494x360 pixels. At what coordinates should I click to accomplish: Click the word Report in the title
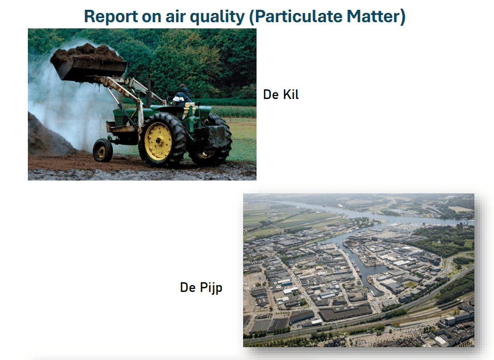pos(110,17)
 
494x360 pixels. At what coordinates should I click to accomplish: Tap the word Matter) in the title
pos(376,17)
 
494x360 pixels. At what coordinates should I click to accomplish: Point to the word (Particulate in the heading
pos(295,17)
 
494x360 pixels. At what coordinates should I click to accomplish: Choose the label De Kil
pos(281,94)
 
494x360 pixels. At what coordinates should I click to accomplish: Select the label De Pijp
pos(201,288)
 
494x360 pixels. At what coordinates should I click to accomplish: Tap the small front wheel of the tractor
pos(102,151)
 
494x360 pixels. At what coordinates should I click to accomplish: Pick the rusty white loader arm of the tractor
pos(126,94)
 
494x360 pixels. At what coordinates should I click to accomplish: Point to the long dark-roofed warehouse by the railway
pos(345,312)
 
